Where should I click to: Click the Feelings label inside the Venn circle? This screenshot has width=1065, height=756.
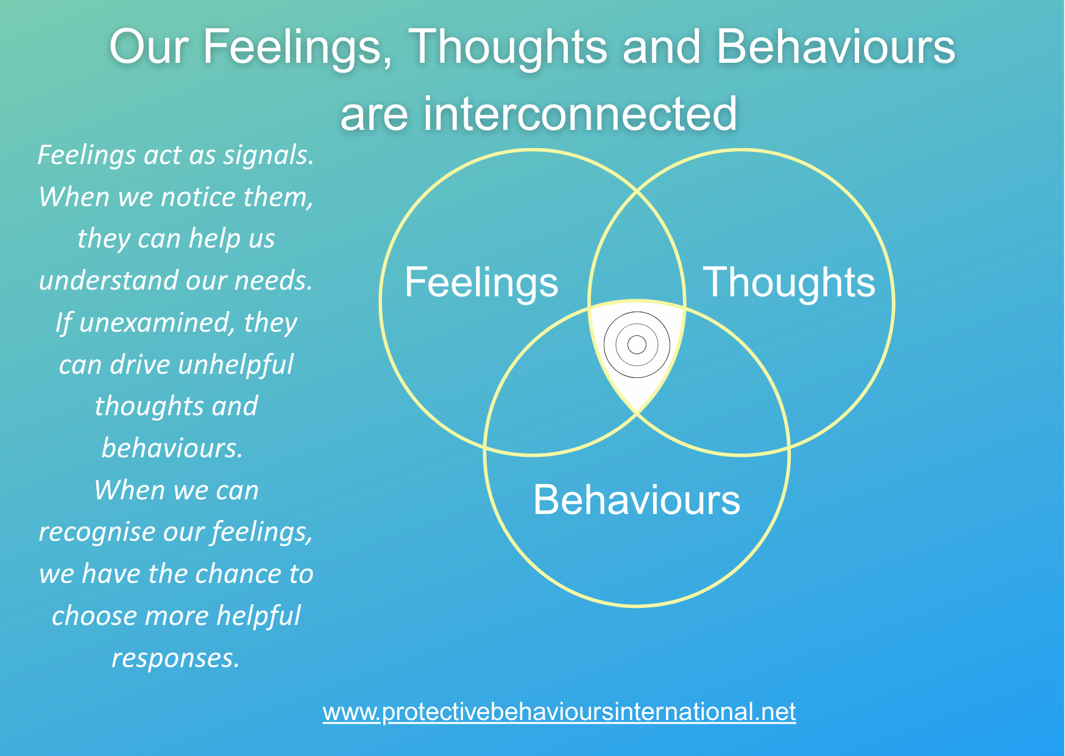[481, 282]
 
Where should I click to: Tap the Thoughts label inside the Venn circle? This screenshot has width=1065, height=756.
[789, 282]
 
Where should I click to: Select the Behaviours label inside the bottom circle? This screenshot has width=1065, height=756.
[637, 500]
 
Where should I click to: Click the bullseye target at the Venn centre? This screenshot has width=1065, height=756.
[637, 345]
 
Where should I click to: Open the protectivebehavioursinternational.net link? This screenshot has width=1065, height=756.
[559, 711]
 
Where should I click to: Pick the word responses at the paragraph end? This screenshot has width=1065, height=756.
[175, 658]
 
